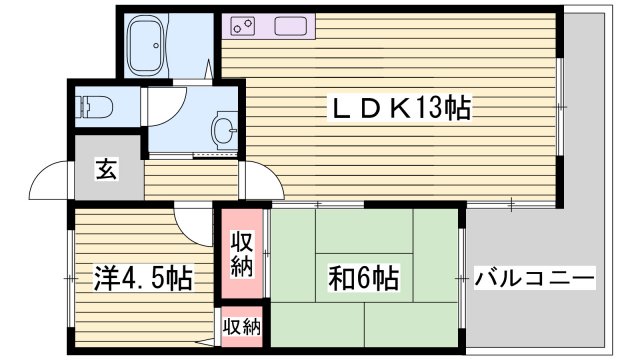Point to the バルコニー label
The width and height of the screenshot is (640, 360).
tap(535, 277)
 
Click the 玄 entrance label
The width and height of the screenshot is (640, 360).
tap(106, 170)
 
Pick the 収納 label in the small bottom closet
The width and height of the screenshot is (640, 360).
tap(241, 326)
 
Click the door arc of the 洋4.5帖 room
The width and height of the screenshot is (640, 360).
tap(189, 219)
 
